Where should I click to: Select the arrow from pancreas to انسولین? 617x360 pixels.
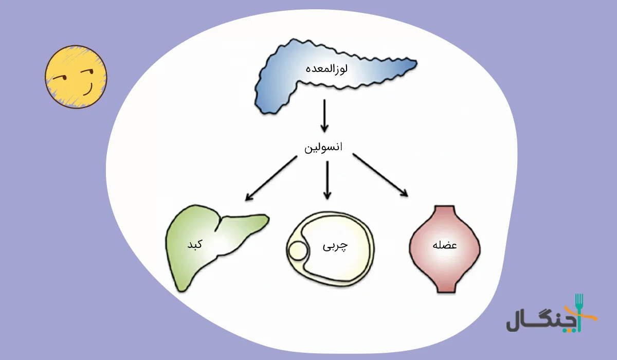pos(324,116)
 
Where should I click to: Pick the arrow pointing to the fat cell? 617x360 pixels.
pos(327,180)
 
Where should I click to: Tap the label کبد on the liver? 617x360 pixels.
pos(195,244)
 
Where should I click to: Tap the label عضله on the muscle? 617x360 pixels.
pos(446,245)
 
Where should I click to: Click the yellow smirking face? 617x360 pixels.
pos(76,77)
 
